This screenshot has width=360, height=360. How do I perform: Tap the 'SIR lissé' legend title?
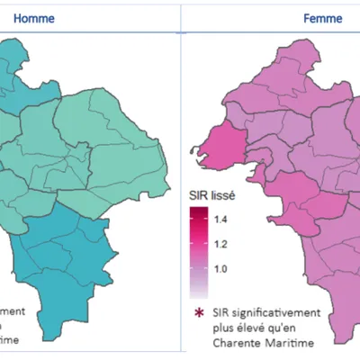pos(211,193)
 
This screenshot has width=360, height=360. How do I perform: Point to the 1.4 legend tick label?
pos(220,220)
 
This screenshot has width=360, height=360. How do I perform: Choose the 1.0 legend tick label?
pos(220,269)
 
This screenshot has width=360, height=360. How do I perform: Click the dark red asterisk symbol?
pos(197,311)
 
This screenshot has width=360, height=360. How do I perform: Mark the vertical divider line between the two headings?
pos(183,17)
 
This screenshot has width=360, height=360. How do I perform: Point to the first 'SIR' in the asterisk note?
pos(222,311)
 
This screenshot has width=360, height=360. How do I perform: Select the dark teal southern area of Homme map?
pos(63,252)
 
